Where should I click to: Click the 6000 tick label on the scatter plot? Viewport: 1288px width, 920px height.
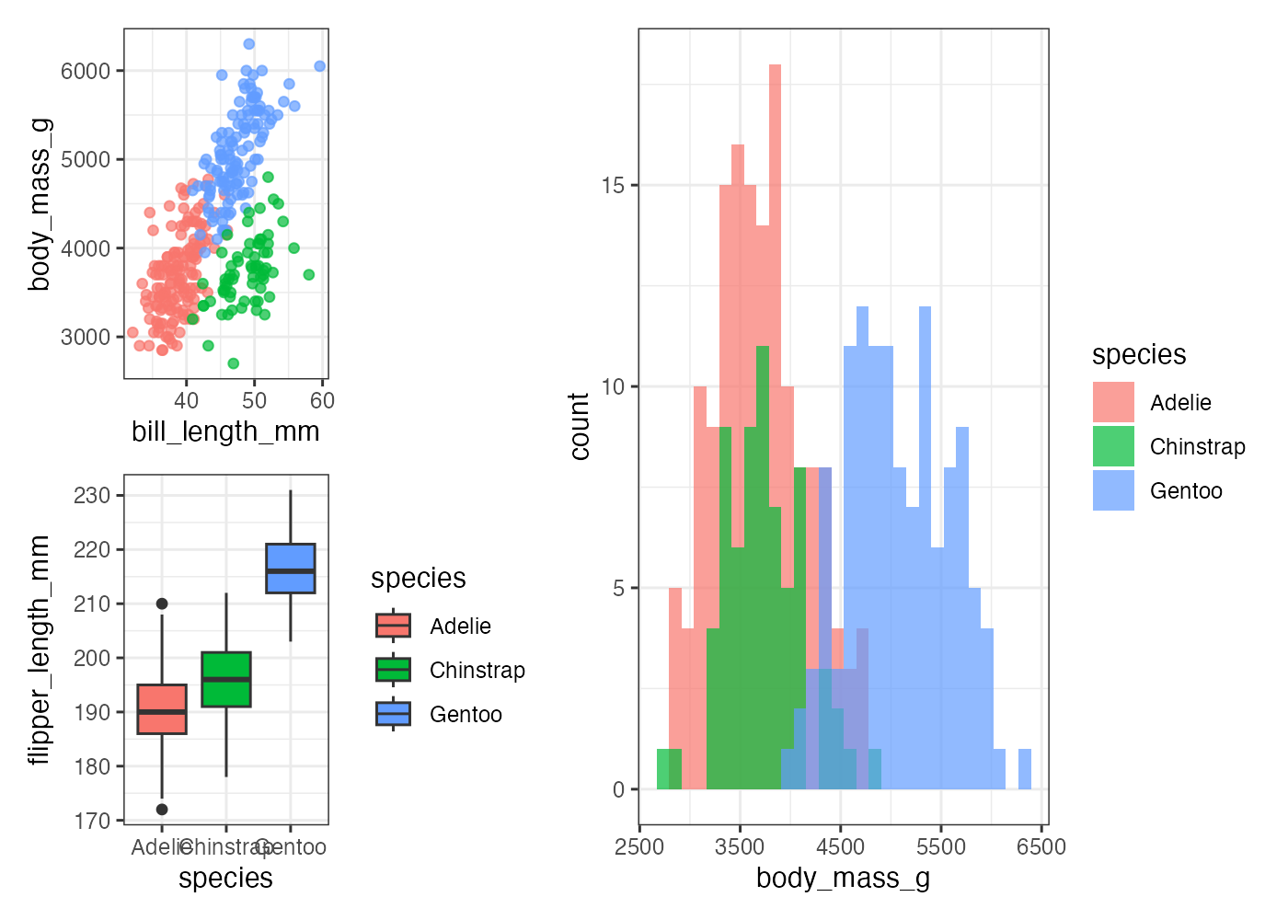pos(86,72)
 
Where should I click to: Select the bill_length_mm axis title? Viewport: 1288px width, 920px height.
pos(225,431)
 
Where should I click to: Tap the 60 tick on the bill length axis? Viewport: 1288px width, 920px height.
pos(323,400)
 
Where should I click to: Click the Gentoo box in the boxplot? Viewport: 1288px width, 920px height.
pos(291,569)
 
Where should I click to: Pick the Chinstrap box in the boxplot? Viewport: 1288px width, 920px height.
pos(226,679)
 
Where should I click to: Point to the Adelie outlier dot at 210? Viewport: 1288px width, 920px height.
pos(162,604)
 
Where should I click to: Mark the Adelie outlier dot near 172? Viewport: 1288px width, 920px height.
pos(162,810)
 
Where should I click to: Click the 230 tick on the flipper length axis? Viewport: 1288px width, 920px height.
pos(92,496)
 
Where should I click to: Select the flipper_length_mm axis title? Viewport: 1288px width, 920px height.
pos(39,650)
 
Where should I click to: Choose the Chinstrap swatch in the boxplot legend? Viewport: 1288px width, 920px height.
pos(393,670)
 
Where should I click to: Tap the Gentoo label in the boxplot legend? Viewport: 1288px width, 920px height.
pos(466,715)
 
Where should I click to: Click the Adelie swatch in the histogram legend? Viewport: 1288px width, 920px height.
pos(1113,402)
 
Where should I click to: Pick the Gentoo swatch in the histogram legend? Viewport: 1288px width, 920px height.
pos(1113,490)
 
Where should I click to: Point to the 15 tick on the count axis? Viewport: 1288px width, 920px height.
pos(613,186)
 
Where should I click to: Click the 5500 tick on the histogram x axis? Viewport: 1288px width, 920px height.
pos(940,846)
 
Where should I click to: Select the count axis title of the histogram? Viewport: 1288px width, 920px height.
pos(580,426)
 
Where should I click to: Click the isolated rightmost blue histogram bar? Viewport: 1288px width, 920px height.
pos(1025,769)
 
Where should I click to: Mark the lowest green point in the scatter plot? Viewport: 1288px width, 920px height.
pos(233,363)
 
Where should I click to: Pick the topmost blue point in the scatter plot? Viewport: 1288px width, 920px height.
pos(248,44)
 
